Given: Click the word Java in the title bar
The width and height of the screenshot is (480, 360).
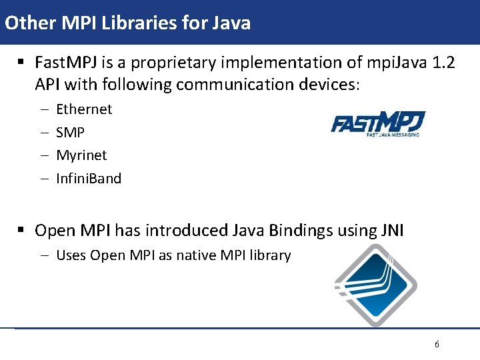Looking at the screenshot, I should tap(231, 23).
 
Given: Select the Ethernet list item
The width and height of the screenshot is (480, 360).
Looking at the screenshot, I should tap(84, 109).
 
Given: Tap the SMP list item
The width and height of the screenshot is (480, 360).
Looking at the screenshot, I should tap(70, 132).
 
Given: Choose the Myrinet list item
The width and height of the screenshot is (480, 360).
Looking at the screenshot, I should tap(81, 155).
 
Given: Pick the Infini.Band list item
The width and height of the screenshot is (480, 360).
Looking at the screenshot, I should tap(89, 179).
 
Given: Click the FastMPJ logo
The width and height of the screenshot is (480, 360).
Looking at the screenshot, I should tap(378, 125).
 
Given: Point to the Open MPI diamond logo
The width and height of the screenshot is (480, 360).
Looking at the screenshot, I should tap(375, 285).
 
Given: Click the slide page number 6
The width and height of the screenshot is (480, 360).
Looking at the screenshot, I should tap(437, 345).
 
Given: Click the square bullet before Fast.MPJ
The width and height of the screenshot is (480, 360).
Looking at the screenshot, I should tap(21, 63).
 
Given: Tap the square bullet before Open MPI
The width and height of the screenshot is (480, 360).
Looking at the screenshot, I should tap(21, 231).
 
